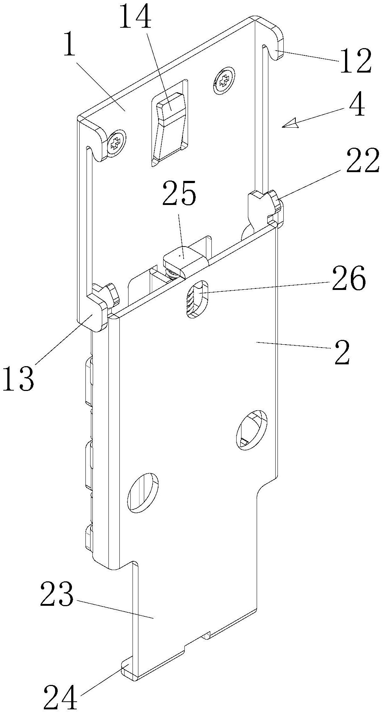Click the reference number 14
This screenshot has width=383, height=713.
pos(135,15)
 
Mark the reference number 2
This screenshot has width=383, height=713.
pos(342,352)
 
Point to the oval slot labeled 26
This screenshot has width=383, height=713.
pos(197,299)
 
